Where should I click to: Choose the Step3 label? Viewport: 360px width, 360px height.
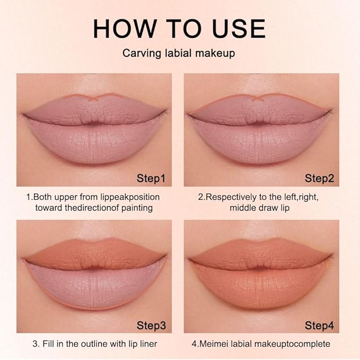(151, 324)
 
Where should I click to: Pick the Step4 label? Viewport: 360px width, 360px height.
(319, 324)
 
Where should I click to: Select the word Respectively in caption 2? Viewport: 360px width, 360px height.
(230, 197)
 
